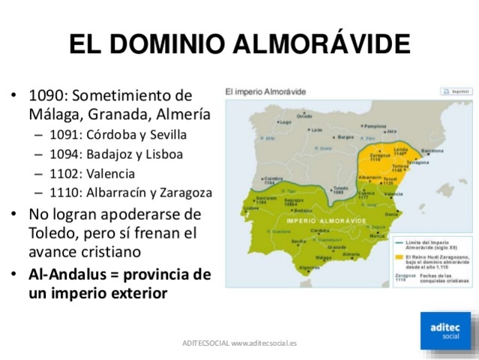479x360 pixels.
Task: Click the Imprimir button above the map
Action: click(x=455, y=91)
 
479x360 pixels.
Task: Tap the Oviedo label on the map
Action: click(x=304, y=116)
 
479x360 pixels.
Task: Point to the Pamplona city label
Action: click(x=375, y=127)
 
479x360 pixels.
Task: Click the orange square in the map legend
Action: click(x=397, y=256)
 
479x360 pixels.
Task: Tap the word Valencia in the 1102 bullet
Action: click(x=121, y=173)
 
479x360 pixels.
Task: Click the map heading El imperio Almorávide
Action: click(x=265, y=91)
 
